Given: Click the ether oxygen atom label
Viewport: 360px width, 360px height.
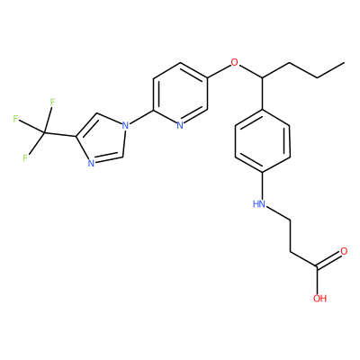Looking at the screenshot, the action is (234, 63).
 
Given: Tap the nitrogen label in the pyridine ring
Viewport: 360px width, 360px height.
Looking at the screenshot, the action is (180, 125).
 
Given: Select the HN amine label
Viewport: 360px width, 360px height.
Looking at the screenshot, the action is (259, 204).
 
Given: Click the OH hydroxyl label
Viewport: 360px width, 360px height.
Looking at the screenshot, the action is (319, 299).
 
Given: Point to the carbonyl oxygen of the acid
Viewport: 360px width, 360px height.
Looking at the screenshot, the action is (344, 251).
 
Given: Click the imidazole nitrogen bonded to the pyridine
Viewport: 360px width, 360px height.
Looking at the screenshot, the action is (125, 125).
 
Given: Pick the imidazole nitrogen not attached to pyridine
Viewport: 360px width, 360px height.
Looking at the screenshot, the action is (92, 164).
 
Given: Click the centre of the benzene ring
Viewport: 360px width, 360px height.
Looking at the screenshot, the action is (263, 141).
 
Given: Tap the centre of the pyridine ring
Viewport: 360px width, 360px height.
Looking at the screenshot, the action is (180, 94).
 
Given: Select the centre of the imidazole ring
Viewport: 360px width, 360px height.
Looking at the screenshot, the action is (103, 140).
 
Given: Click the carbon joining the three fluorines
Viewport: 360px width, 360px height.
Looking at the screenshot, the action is (44, 132).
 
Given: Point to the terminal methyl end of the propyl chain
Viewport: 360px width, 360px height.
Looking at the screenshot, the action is (344, 63).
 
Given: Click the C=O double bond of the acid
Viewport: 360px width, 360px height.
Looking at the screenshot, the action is (328, 259).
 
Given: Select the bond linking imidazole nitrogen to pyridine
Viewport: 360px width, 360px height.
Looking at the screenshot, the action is (141, 118).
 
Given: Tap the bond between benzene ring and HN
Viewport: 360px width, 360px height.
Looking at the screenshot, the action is (263, 186).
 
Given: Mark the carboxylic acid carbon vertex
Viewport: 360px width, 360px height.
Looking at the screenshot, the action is (317, 266).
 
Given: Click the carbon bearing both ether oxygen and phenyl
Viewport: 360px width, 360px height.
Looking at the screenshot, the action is (263, 78).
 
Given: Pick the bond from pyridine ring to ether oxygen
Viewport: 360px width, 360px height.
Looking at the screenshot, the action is (219, 71).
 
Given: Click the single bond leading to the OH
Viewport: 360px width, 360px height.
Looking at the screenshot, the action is (317, 280).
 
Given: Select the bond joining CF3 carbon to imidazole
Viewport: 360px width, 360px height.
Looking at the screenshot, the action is (59, 135).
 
